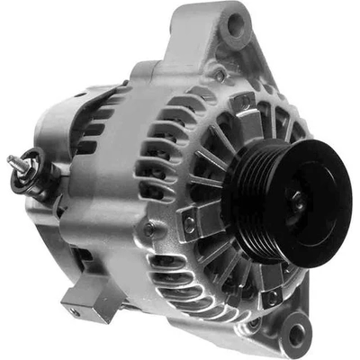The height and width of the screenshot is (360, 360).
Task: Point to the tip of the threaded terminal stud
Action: [12, 160]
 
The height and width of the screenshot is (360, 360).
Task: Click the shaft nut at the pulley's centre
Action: [297, 202]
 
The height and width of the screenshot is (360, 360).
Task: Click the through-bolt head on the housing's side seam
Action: [149, 229]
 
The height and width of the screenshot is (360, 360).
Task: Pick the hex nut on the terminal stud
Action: [22, 165]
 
